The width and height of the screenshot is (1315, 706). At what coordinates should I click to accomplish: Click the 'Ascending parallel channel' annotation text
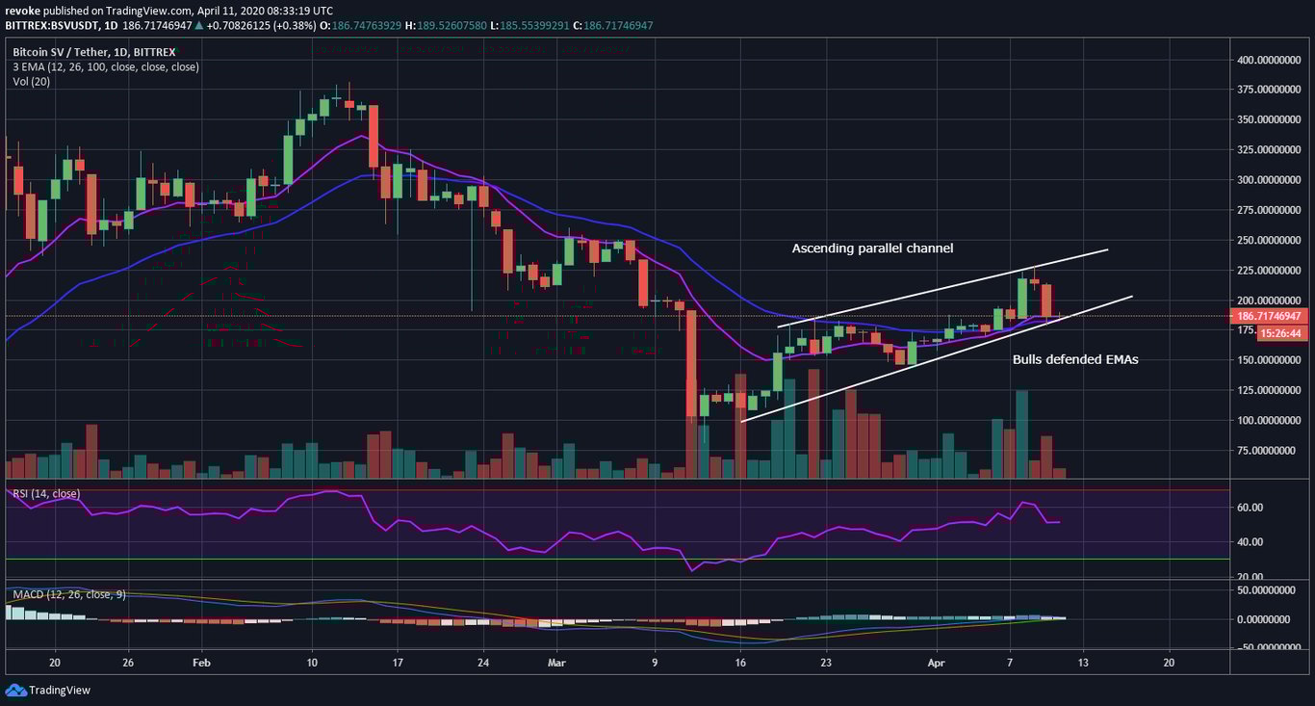(x=872, y=248)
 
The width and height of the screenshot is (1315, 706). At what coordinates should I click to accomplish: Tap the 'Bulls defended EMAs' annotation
(x=1075, y=359)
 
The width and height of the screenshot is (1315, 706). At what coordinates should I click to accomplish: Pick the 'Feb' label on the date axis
(x=200, y=663)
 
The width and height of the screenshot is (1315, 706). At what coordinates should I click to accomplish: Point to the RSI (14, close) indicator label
(x=45, y=494)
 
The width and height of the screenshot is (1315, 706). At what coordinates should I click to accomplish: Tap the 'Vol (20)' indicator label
(x=31, y=82)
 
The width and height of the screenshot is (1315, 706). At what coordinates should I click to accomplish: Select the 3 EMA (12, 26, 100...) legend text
(x=105, y=67)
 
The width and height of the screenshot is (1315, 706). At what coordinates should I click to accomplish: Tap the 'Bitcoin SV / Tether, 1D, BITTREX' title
(x=94, y=52)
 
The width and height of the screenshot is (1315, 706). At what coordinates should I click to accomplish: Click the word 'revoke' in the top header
(x=22, y=9)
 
